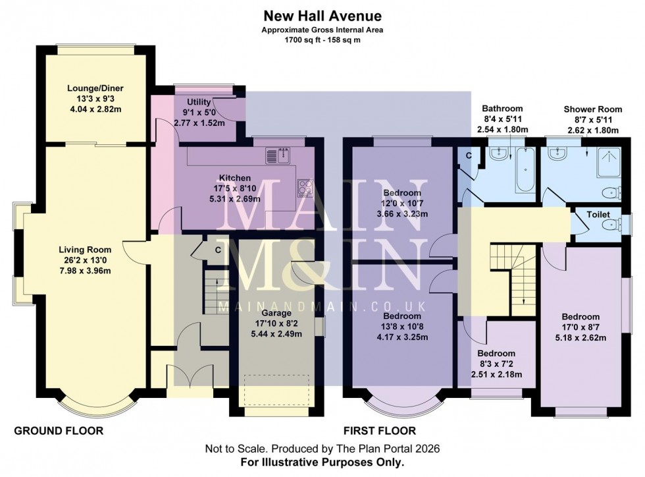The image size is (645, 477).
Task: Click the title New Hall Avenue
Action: (322, 15)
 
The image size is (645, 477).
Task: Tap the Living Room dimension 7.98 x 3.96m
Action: (85, 269)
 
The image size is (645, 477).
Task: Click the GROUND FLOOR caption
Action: (59, 432)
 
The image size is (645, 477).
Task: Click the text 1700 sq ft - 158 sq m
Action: (322, 40)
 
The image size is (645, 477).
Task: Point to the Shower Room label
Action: (590, 109)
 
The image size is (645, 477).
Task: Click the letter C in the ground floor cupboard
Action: (217, 250)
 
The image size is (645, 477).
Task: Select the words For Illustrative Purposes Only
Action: (322, 462)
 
